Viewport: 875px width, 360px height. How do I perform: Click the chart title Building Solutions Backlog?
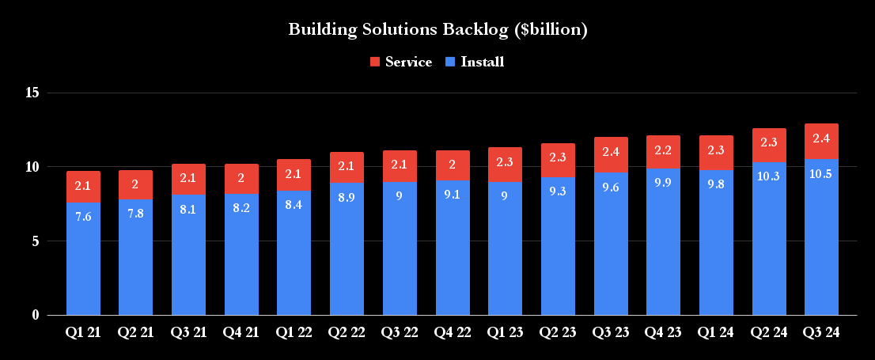[437, 30]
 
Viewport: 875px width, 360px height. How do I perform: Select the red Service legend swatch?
[375, 62]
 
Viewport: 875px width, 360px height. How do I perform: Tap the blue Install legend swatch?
[450, 62]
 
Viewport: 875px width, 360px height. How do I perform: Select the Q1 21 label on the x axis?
[83, 334]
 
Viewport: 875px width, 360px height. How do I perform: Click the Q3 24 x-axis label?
[821, 334]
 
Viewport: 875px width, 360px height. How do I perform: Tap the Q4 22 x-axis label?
[453, 334]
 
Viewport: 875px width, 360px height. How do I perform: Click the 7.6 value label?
[83, 216]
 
